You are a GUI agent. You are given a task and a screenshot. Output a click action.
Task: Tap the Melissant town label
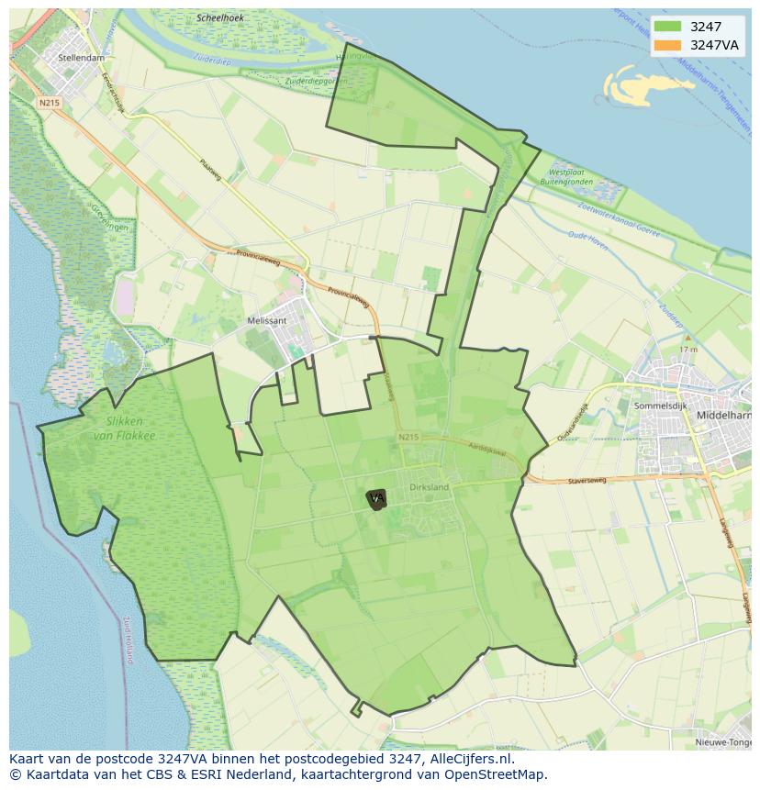(x=267, y=320)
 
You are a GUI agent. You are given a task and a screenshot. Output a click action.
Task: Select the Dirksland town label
(x=430, y=486)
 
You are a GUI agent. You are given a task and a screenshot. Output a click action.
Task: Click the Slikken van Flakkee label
(x=125, y=428)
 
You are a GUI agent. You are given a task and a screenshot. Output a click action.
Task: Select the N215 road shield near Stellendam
(x=49, y=103)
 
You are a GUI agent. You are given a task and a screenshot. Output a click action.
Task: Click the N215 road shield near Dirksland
(x=408, y=437)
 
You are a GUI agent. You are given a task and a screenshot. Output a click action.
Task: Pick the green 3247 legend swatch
(x=667, y=27)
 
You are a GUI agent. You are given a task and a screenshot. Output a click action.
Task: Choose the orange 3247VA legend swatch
(x=667, y=45)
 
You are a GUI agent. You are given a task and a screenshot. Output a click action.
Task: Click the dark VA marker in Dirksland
(x=376, y=499)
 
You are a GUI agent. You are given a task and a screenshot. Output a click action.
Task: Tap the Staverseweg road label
(x=589, y=478)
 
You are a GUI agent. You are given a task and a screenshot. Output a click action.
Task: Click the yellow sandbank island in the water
(x=642, y=87)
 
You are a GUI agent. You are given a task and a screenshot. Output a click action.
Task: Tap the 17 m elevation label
(x=688, y=350)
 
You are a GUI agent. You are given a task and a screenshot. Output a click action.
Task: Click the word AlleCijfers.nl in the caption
(x=468, y=759)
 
